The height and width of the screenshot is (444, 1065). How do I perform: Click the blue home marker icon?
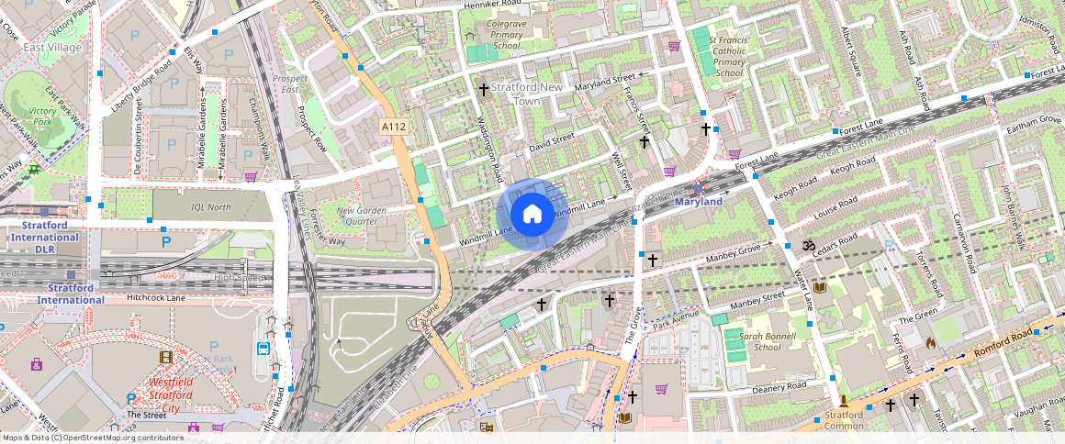point(532,215)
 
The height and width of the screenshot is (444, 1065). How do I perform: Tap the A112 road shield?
point(394,126)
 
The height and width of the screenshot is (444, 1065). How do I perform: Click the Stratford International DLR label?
point(45,243)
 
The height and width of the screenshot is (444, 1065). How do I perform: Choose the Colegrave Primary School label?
point(506,34)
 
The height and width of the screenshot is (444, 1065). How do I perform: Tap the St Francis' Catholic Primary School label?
point(729,57)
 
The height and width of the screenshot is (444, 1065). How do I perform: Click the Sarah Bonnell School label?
point(747,341)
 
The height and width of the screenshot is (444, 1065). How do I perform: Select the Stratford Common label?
point(843,419)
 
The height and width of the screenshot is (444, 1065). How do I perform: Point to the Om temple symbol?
point(809,246)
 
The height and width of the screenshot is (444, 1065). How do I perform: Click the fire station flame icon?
point(931,343)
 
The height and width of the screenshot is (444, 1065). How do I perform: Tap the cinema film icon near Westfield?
point(165,357)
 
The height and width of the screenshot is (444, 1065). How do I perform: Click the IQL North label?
point(210,207)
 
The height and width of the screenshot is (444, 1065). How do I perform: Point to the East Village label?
point(52,47)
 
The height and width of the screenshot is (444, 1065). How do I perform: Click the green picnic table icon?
point(34,169)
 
